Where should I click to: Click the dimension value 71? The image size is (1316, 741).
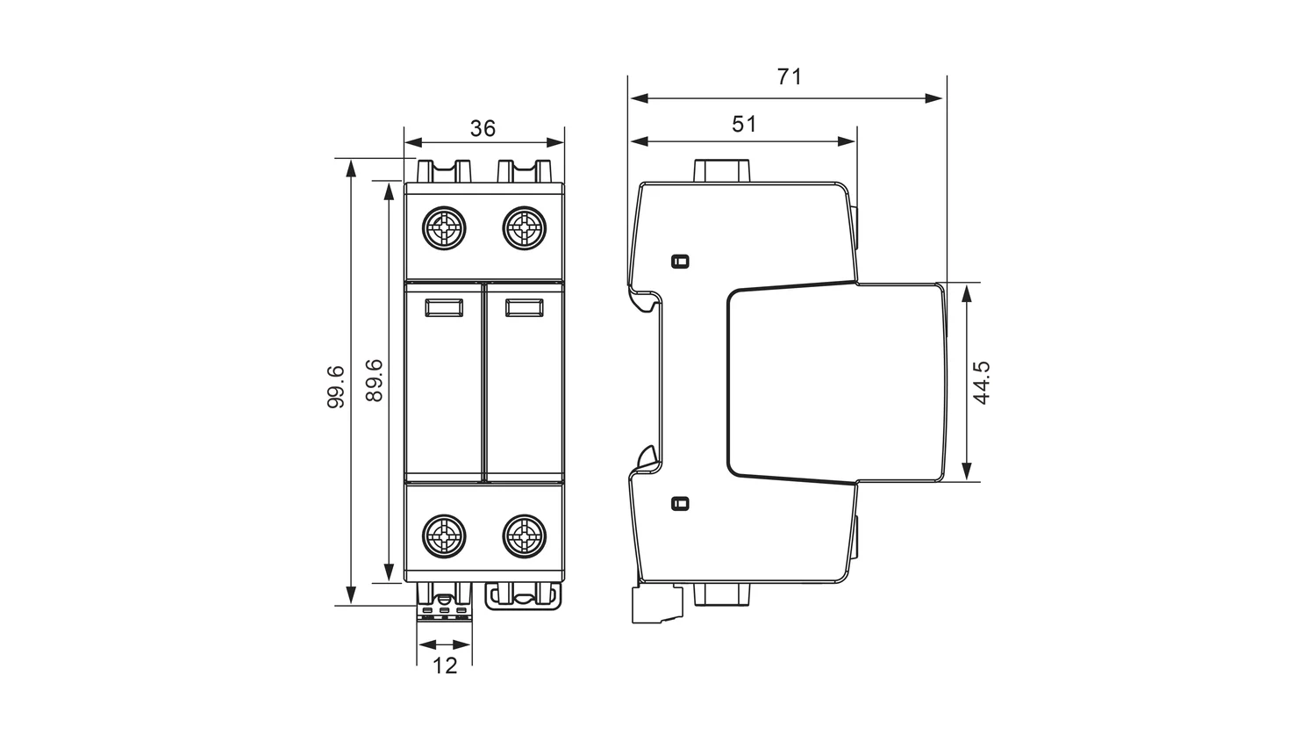(x=789, y=76)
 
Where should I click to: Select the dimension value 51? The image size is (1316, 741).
(x=744, y=124)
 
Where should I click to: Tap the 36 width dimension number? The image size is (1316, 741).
(x=483, y=128)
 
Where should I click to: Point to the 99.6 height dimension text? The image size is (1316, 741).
(x=335, y=386)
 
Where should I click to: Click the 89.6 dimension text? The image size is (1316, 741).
(x=375, y=380)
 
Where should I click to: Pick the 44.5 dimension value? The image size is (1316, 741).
(x=982, y=383)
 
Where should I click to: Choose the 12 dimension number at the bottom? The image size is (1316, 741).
(x=445, y=665)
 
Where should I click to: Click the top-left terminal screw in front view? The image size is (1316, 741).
(x=444, y=228)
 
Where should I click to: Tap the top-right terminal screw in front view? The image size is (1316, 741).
(x=524, y=228)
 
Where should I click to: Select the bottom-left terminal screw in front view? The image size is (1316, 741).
(x=444, y=536)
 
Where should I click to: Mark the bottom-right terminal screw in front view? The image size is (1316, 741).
(x=524, y=536)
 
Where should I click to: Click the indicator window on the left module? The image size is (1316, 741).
(x=444, y=307)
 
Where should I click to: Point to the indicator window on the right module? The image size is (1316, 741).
(x=524, y=307)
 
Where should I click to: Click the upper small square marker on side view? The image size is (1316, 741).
(x=680, y=261)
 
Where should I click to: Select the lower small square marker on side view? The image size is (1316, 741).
(x=680, y=503)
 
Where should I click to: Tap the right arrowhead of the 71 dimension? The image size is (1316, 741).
(x=934, y=98)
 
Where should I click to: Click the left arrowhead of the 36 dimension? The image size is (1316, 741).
(x=414, y=141)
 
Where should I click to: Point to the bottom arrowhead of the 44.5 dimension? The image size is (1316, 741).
(x=967, y=471)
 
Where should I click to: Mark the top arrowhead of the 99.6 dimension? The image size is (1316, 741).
(x=351, y=169)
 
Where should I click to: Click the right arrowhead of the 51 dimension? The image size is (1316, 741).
(x=847, y=141)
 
